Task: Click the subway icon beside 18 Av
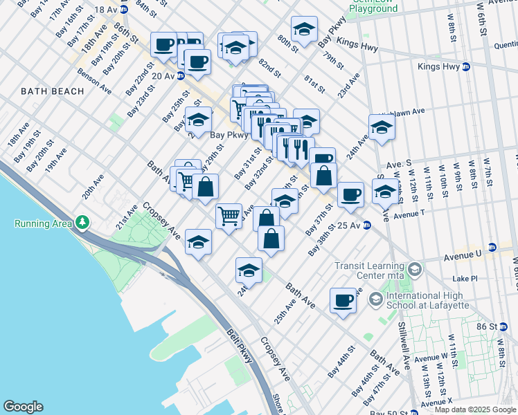[125, 10]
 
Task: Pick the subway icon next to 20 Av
[180, 75]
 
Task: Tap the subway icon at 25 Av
[367, 225]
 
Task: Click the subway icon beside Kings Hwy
[466, 67]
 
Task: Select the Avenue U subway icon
[492, 247]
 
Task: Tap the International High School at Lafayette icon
[376, 299]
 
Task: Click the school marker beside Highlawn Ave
[381, 127]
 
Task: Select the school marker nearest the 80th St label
[303, 29]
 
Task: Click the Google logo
[24, 407]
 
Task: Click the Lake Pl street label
[465, 279]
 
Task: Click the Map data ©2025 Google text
[475, 409]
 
